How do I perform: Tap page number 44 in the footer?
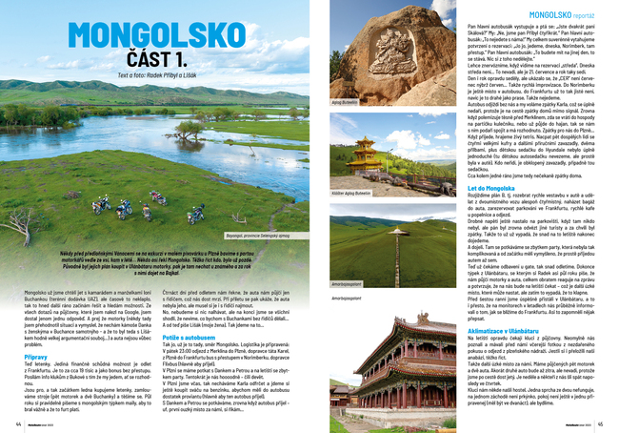(x=18, y=424)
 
